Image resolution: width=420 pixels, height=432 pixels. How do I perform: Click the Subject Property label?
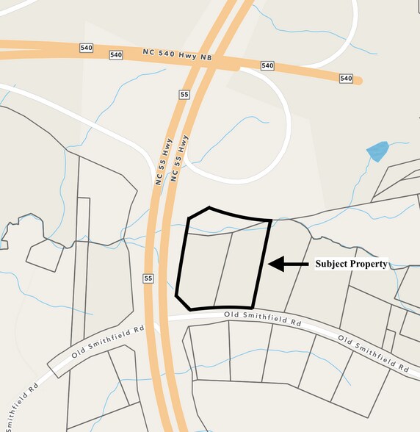coord(351,264)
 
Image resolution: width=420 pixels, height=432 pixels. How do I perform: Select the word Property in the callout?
coord(369,264)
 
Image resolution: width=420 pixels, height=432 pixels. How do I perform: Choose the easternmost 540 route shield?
coord(347,79)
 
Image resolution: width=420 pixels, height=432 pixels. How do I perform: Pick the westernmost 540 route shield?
coord(86,47)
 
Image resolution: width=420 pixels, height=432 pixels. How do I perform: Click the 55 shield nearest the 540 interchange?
coord(183,95)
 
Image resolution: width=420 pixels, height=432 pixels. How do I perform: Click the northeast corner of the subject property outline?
coord(271,220)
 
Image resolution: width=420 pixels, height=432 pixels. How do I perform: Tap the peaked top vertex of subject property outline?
coord(209,207)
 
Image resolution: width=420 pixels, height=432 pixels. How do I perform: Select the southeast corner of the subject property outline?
coord(253,308)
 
